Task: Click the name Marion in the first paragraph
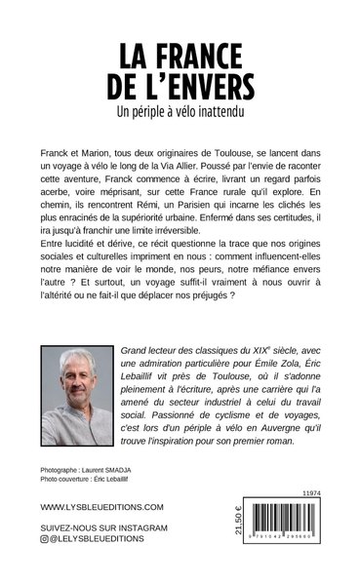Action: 105,154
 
